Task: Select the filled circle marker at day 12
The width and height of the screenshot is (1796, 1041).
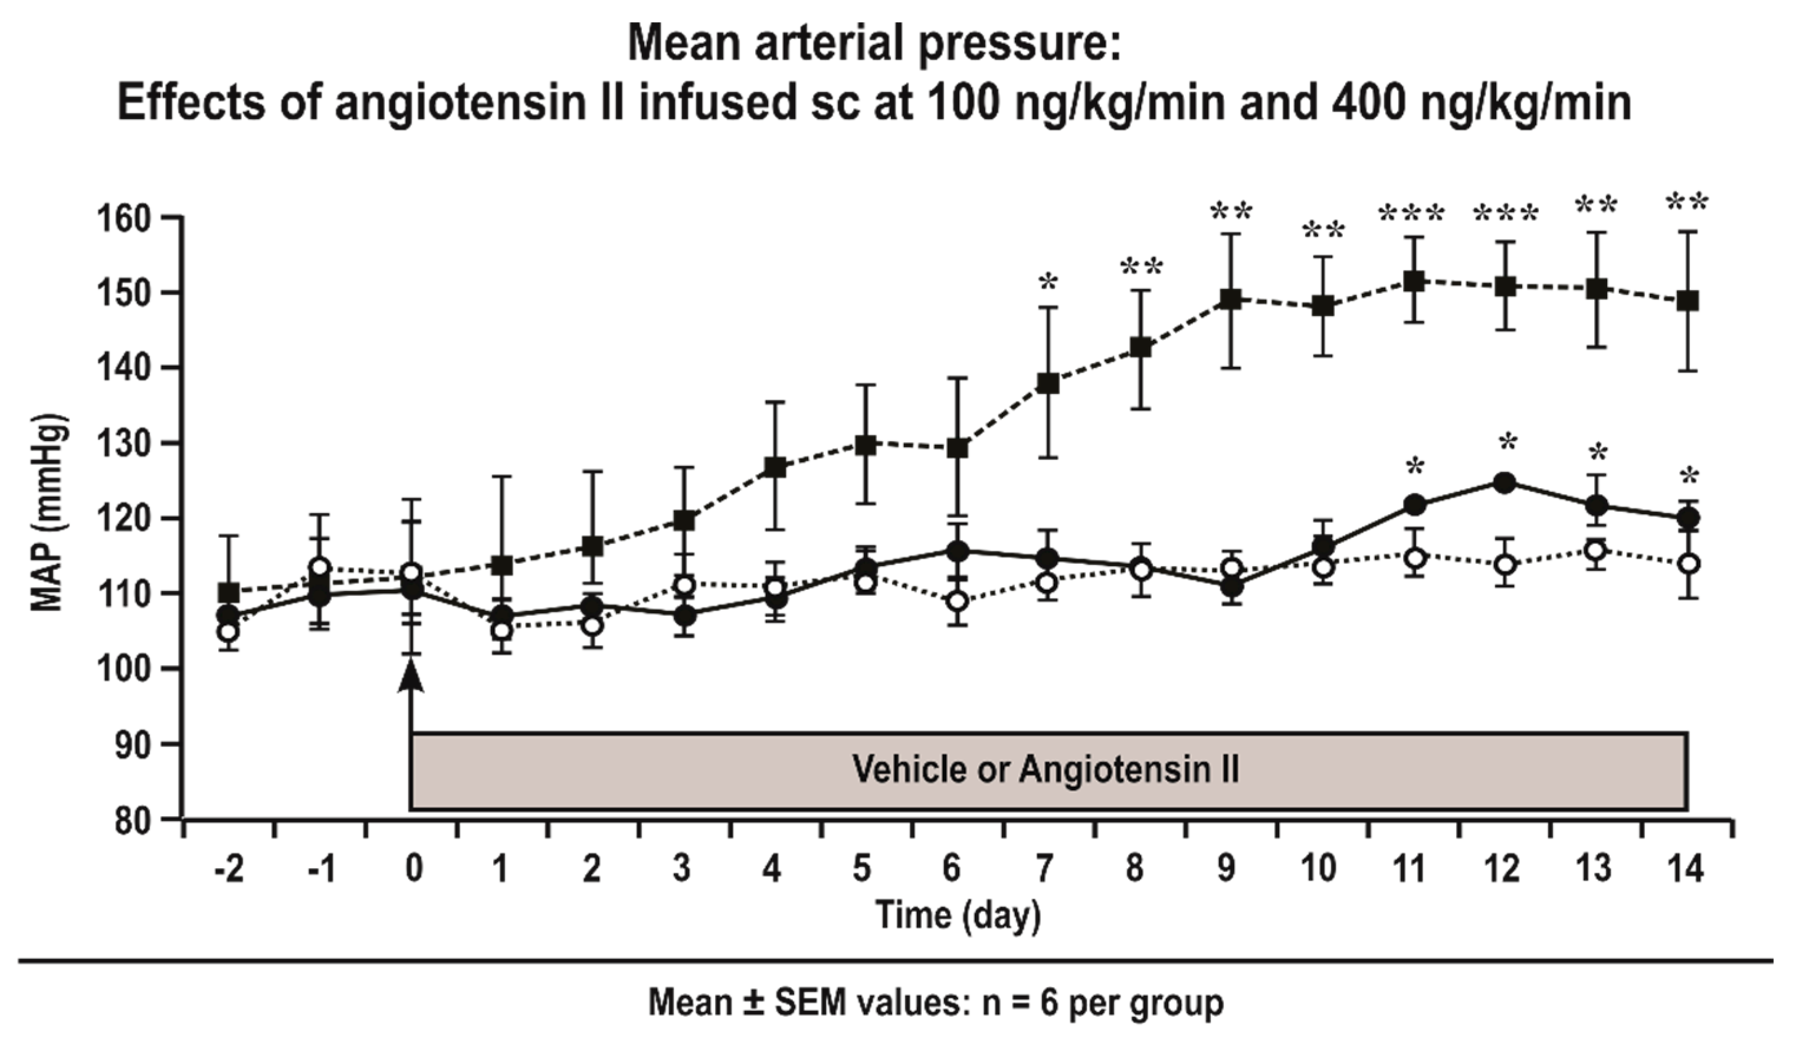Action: (x=1505, y=482)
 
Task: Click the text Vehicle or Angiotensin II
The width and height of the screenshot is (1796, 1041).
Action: (x=1045, y=770)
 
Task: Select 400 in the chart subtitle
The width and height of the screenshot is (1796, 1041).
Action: (x=1346, y=102)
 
